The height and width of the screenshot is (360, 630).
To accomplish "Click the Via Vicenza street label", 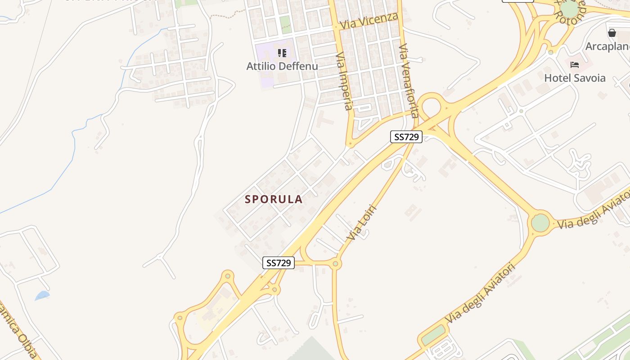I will pos(369,21).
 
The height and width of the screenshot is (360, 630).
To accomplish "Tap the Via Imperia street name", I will pos(344,81).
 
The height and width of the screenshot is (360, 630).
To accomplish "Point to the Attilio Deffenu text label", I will pos(282,66).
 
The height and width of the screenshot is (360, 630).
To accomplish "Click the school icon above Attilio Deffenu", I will pos(282,54).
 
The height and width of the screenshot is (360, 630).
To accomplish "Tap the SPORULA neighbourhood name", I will pos(274,199).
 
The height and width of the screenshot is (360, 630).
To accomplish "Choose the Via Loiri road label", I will pos(361,223).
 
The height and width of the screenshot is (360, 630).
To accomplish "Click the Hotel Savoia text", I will pos(575,78).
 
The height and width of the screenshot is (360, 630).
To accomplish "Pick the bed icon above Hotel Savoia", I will pos(575,65).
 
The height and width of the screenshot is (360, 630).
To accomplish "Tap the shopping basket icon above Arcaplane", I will pos(612,33).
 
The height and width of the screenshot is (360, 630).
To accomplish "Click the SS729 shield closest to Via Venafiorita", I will pos(406,137).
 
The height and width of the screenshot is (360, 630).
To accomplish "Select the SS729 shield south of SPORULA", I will pos(278,263).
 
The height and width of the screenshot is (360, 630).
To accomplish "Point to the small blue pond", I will pos(42,296).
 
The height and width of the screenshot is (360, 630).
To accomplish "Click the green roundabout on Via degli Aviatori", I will pos(540,223).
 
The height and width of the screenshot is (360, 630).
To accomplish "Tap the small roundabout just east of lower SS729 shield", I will pos(335,264).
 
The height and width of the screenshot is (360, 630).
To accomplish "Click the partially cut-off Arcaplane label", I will pos(607,46).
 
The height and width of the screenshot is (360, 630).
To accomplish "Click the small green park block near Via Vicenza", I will pos(285,24).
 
